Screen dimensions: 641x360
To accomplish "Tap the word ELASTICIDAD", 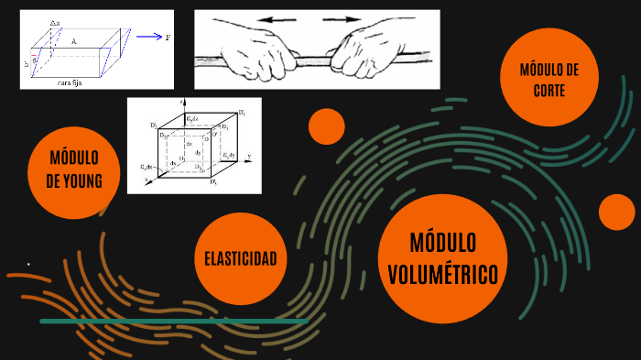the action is (240, 258).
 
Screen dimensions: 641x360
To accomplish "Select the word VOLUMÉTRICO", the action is (443, 274).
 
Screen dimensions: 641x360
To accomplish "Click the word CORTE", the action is (549, 90).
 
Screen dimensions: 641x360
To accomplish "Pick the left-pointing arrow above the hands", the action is (278, 19).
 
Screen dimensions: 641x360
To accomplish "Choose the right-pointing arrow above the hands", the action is (342, 19).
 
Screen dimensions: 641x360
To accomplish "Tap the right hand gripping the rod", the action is (366, 52).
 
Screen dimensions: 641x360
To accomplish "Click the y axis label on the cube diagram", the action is (248, 156).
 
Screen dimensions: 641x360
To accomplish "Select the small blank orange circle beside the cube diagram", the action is (326, 126).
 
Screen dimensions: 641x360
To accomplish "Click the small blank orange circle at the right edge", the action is (617, 213).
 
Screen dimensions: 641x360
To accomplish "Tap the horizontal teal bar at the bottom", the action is (173, 322).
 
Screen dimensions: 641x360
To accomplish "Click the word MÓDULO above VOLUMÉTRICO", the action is (443, 244).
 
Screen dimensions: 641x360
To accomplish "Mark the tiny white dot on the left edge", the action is (28, 264).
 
